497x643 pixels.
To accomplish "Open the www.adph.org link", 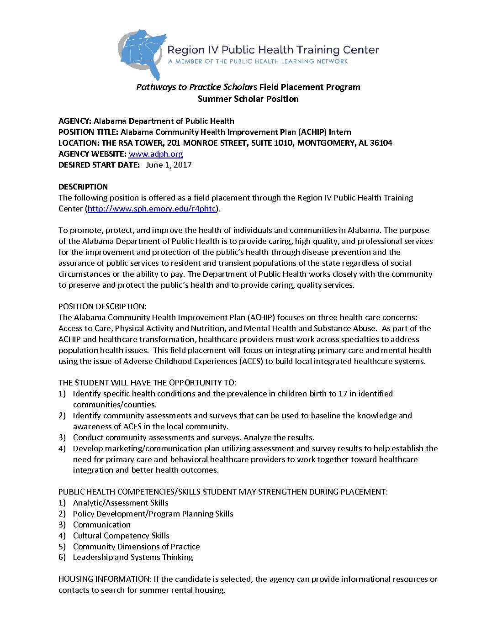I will (156, 154).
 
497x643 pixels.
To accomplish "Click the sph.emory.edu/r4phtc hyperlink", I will (152, 209).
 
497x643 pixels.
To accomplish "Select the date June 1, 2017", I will (169, 165).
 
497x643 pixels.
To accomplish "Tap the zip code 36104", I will (381, 143).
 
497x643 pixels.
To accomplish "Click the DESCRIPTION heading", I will (83, 187).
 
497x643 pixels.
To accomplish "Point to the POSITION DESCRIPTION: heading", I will (102, 306).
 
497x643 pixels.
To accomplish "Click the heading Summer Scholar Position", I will (248, 99).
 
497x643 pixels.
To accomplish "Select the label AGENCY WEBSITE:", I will (92, 154).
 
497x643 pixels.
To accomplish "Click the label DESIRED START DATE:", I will (99, 165).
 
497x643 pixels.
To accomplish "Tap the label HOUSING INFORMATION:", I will (105, 579).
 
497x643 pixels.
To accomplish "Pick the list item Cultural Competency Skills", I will (121, 536).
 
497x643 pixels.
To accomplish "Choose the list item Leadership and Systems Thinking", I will (133, 557).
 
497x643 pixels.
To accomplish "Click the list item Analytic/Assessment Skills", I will (121, 503).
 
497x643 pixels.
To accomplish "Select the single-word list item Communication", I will (102, 525).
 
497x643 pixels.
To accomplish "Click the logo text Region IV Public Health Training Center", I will (273, 50).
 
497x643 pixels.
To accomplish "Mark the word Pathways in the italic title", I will (156, 87).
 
